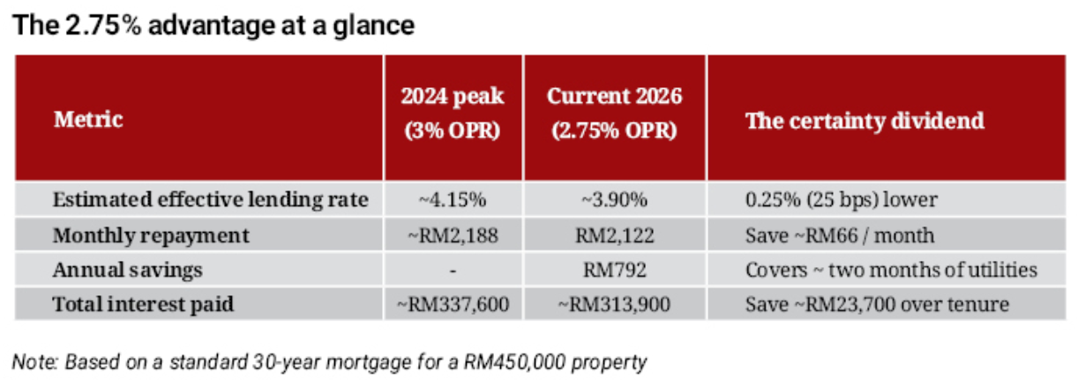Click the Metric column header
[88, 120]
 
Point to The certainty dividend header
[865, 120]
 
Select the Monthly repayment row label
[151, 235]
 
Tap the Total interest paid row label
[145, 305]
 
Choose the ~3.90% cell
[614, 200]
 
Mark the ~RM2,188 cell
[453, 235]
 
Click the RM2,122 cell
[614, 235]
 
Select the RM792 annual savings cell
[614, 270]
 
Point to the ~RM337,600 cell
[453, 305]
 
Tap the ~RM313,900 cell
[614, 305]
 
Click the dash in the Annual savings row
[453, 270]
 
